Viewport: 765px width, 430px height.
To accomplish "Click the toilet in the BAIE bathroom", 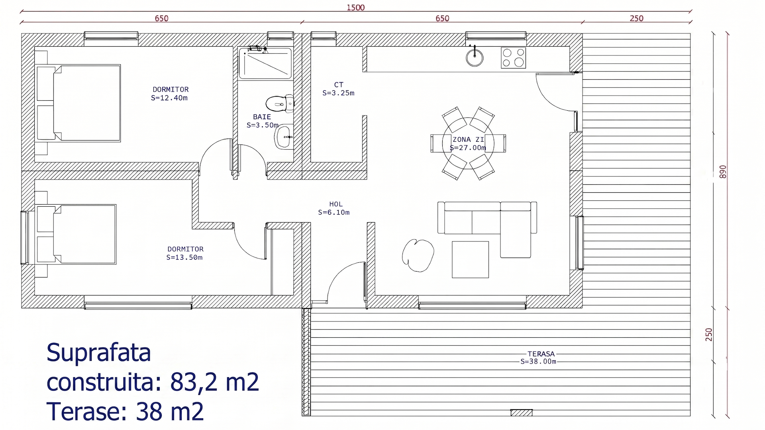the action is point(280,104).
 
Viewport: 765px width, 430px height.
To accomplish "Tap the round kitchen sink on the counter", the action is point(475,57).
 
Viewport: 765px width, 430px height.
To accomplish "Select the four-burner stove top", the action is point(513,58).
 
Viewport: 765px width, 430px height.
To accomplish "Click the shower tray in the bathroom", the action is point(265,63).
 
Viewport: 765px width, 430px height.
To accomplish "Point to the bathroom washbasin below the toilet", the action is point(284,137).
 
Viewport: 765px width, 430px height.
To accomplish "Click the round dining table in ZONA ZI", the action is point(468,143).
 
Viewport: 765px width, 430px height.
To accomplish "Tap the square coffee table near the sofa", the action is point(470,260).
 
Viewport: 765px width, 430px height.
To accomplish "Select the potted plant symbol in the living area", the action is point(418,255).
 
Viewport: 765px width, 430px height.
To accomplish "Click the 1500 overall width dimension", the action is point(356,8).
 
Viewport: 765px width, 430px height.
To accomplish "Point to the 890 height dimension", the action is point(723,172).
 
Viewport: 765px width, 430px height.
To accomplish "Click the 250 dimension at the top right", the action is point(637,18).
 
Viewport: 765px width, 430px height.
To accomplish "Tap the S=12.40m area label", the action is point(169,98).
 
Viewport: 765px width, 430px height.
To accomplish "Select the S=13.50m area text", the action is point(184,258).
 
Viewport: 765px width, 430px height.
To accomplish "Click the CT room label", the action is point(339,85).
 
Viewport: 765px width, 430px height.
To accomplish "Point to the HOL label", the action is point(336,204).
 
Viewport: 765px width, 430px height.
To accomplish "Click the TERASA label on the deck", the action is point(541,354).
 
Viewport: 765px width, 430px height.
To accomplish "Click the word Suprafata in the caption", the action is point(99,352).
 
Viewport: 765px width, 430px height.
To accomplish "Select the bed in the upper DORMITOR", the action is point(78,103).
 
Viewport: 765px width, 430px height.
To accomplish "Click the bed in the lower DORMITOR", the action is point(76,235).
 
